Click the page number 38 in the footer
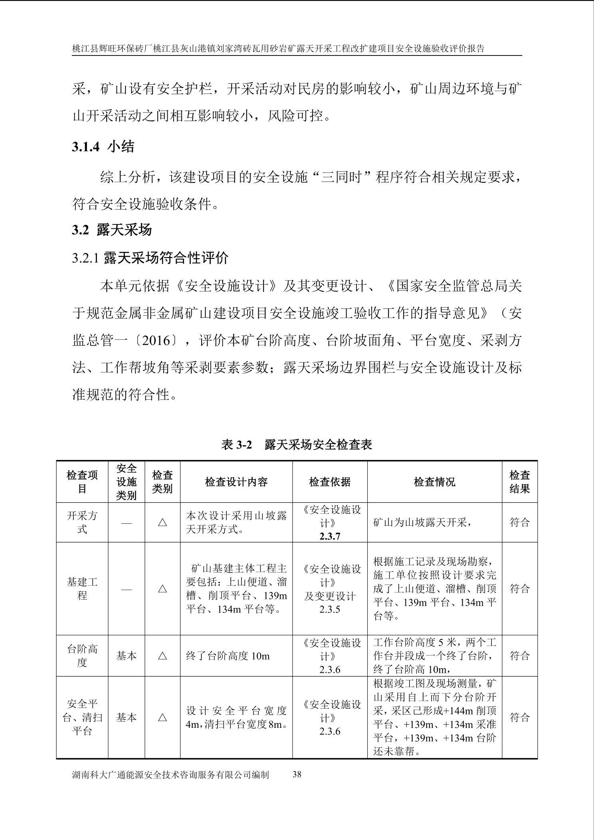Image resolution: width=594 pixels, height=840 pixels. (x=297, y=774)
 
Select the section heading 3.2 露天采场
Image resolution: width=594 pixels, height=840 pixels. (x=112, y=230)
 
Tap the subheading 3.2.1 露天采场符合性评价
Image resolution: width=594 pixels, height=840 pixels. (x=150, y=258)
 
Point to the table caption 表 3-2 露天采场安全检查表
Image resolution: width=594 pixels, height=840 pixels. (x=297, y=445)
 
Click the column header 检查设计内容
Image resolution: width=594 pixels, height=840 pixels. (x=236, y=482)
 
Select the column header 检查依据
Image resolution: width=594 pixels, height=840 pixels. (x=330, y=482)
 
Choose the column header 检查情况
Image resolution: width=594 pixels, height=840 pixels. (x=434, y=482)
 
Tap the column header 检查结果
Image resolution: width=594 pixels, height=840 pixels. (x=519, y=482)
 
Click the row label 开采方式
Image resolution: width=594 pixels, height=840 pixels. (x=82, y=522)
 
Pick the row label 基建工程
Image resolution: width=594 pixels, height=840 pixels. (x=82, y=588)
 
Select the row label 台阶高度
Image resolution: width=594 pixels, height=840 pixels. (x=82, y=656)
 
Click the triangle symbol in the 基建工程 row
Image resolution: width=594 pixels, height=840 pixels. (x=162, y=588)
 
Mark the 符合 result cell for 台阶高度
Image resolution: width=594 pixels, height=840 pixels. (x=519, y=656)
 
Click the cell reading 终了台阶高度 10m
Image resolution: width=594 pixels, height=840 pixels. (x=228, y=656)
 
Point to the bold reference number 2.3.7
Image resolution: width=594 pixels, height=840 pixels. (x=330, y=536)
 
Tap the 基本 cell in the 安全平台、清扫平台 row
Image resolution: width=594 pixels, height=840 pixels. (x=126, y=717)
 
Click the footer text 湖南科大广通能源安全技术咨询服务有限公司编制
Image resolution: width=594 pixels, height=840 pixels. (x=170, y=775)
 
